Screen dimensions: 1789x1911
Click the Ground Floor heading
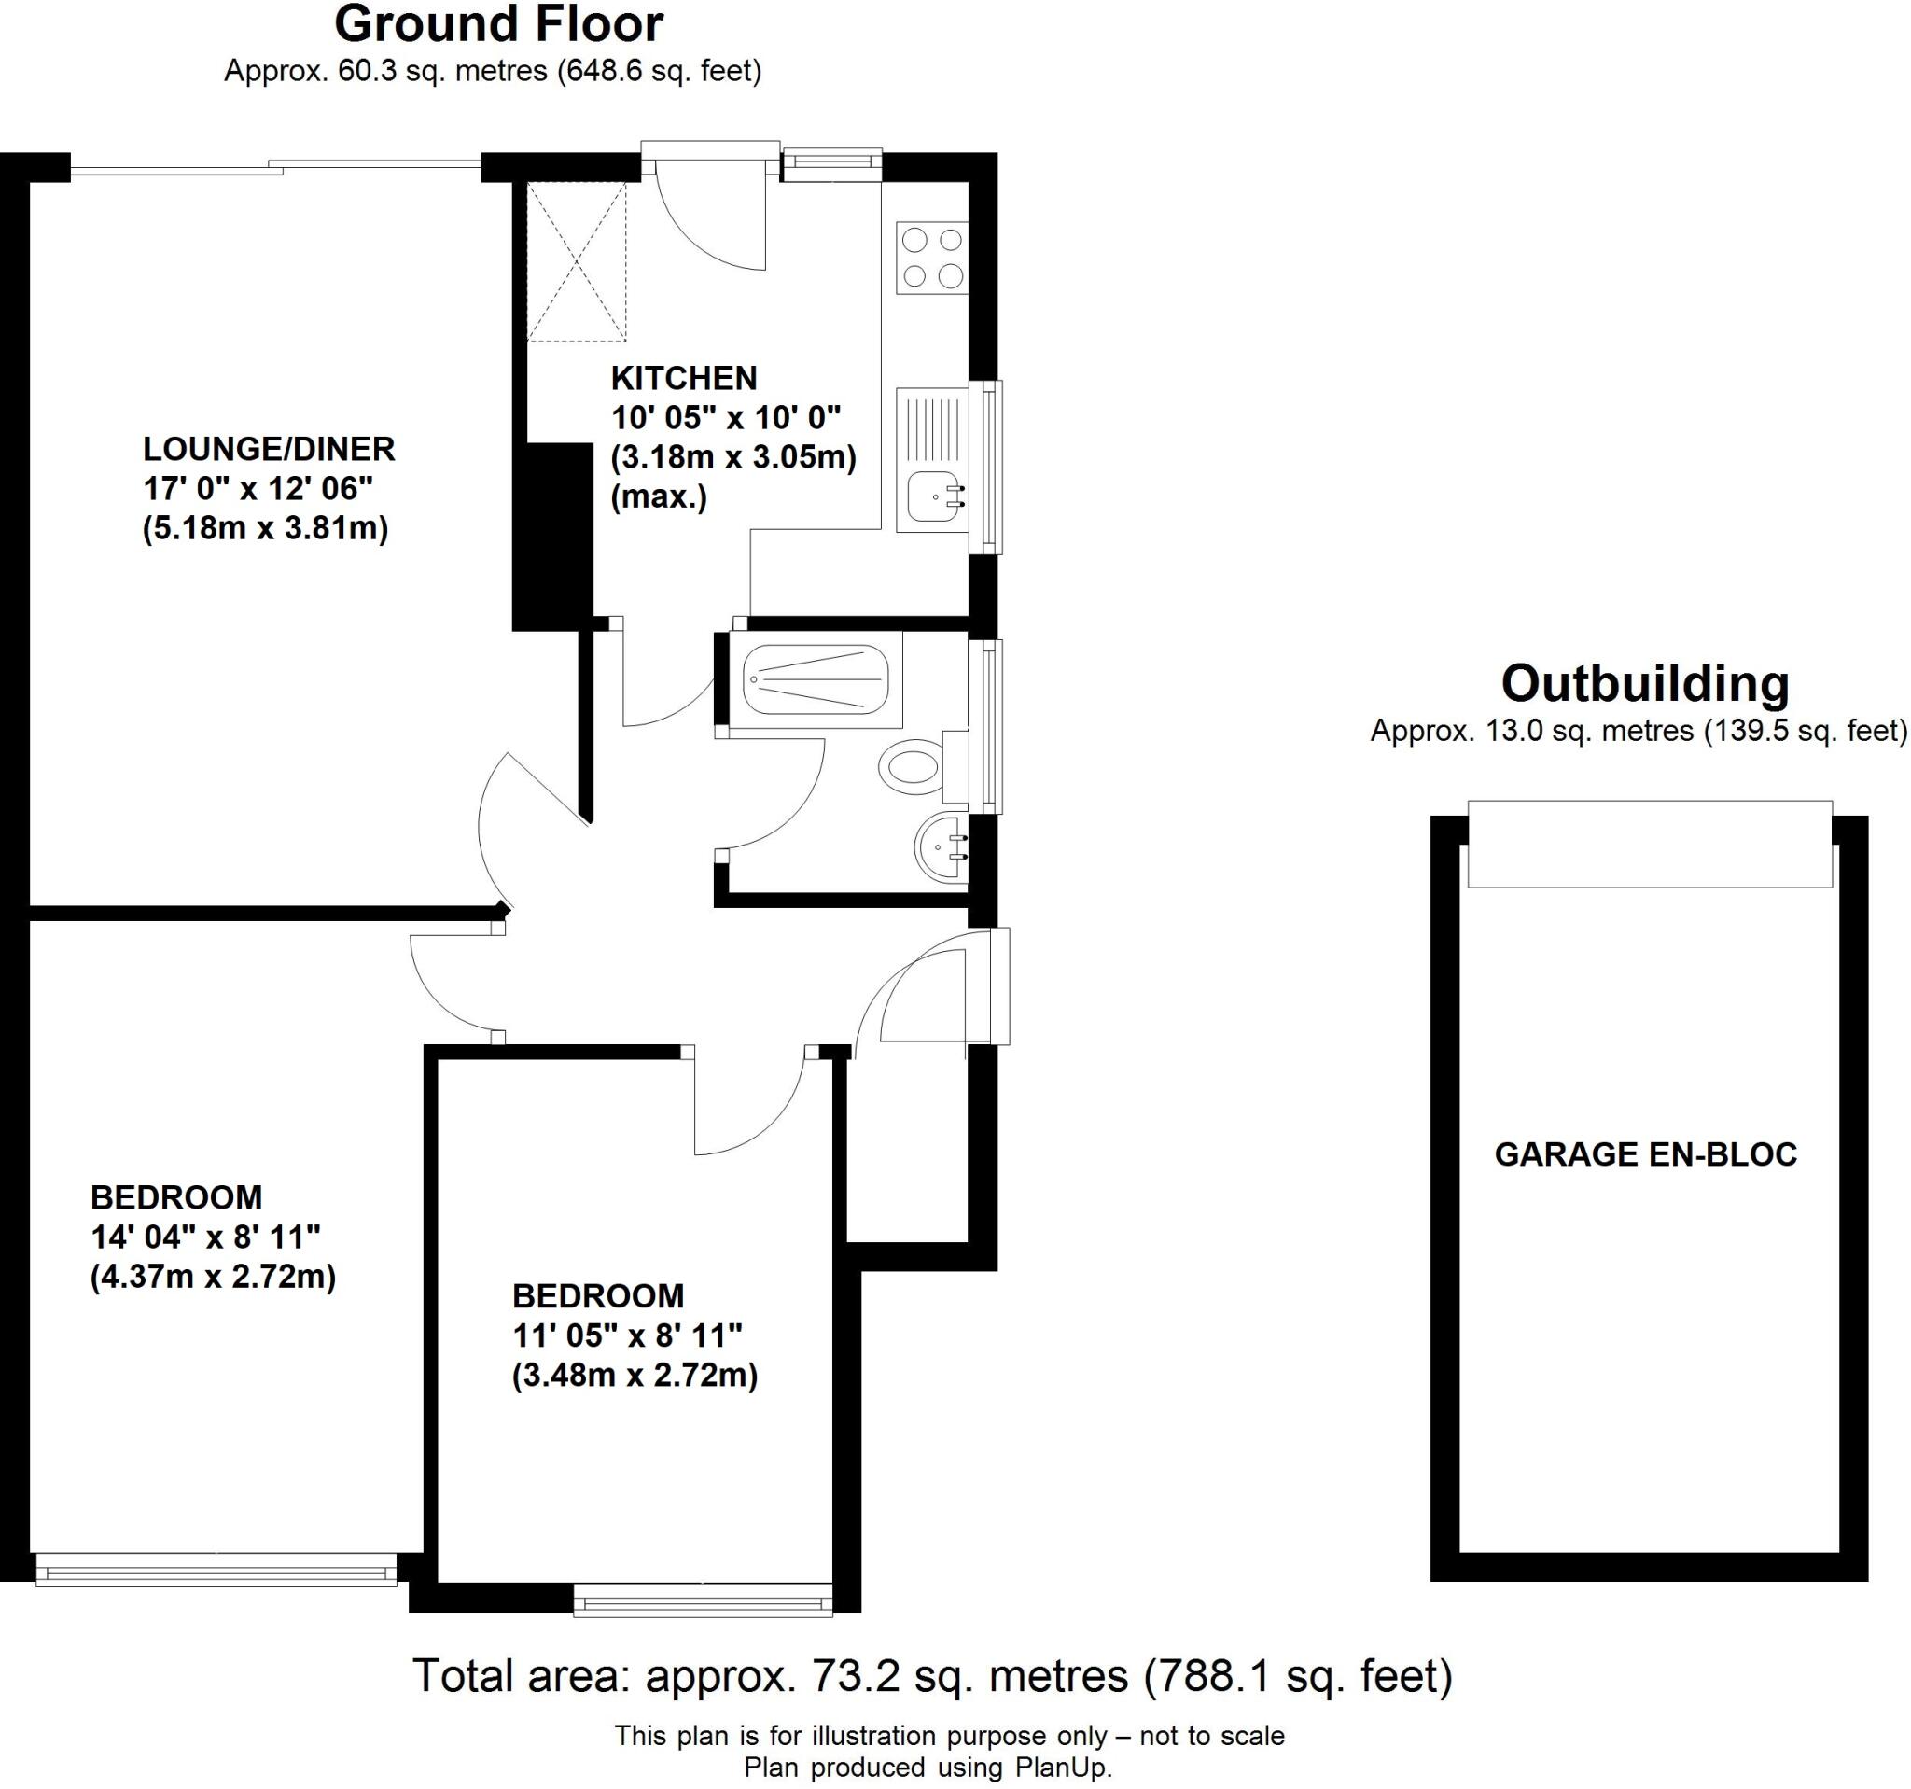[x=498, y=25]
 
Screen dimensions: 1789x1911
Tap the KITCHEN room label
[x=683, y=378]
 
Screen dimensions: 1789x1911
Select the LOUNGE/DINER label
[x=269, y=449]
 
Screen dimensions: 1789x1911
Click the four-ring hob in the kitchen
[x=931, y=258]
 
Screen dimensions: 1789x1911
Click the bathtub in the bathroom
[x=816, y=679]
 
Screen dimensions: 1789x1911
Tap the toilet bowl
[x=912, y=766]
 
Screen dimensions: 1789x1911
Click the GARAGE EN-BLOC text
[x=1645, y=1153]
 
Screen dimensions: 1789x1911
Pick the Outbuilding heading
[x=1645, y=684]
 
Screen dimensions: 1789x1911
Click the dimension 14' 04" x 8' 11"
[x=204, y=1237]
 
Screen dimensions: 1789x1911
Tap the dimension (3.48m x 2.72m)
[x=635, y=1376]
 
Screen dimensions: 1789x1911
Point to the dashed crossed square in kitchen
[x=576, y=261]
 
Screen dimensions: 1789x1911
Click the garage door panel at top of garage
[x=1650, y=843]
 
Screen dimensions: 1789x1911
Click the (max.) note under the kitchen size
[x=660, y=497]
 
